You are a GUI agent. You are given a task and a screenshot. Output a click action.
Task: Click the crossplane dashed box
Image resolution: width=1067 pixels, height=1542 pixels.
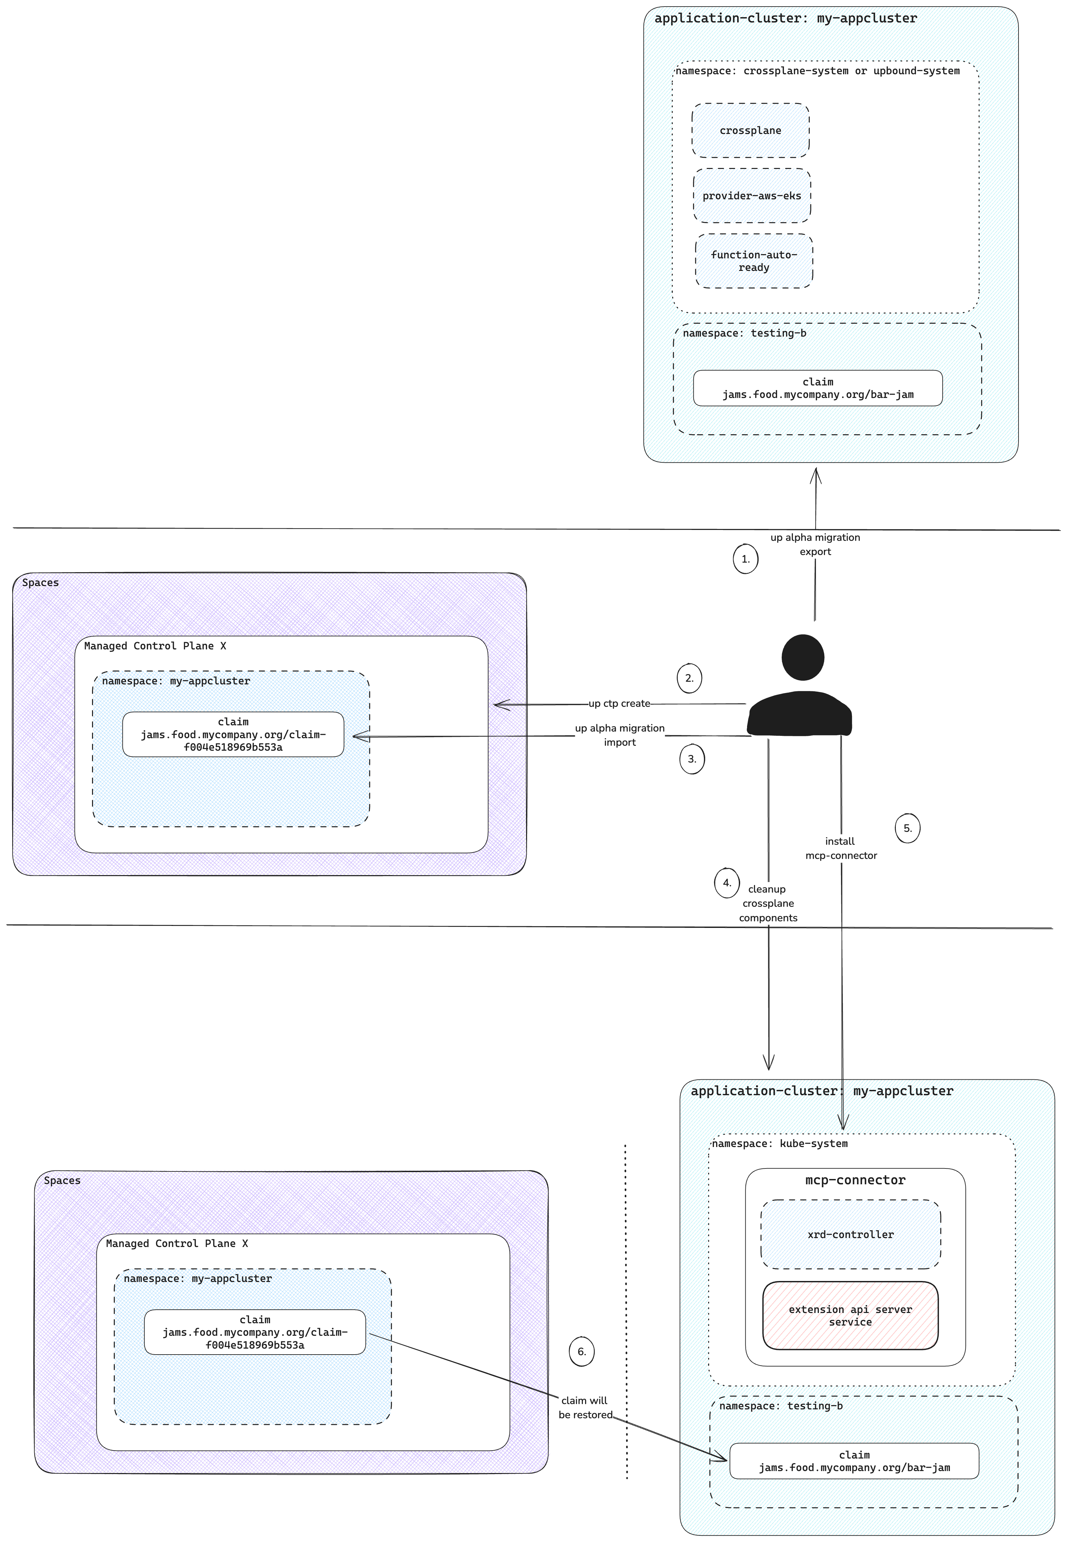(x=750, y=130)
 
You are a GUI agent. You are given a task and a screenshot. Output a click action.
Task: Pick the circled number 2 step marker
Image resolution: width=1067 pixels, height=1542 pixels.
(x=689, y=678)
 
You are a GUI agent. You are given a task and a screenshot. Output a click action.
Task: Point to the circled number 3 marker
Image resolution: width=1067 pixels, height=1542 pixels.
(x=692, y=759)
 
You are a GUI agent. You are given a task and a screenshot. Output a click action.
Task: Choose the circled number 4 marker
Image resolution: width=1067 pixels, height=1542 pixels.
(x=727, y=883)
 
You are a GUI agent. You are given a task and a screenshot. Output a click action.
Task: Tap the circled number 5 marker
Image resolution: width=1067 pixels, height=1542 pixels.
(x=907, y=828)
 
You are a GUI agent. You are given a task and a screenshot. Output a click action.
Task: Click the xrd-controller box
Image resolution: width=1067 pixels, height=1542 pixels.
(x=850, y=1234)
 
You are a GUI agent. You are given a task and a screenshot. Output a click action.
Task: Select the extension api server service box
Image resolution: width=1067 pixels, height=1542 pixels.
(x=850, y=1315)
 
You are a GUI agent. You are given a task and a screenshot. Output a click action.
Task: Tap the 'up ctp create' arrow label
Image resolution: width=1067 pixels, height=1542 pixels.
(x=619, y=704)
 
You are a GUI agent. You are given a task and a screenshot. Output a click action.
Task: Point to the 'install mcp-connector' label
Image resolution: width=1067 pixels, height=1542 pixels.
(x=840, y=848)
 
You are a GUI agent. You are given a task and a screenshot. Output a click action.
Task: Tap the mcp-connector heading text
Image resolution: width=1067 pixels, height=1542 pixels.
(x=855, y=1180)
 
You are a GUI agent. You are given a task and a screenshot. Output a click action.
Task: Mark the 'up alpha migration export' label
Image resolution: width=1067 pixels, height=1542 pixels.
(x=815, y=544)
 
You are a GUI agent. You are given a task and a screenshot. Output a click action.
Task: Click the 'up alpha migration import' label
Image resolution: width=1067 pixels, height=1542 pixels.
(x=620, y=735)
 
